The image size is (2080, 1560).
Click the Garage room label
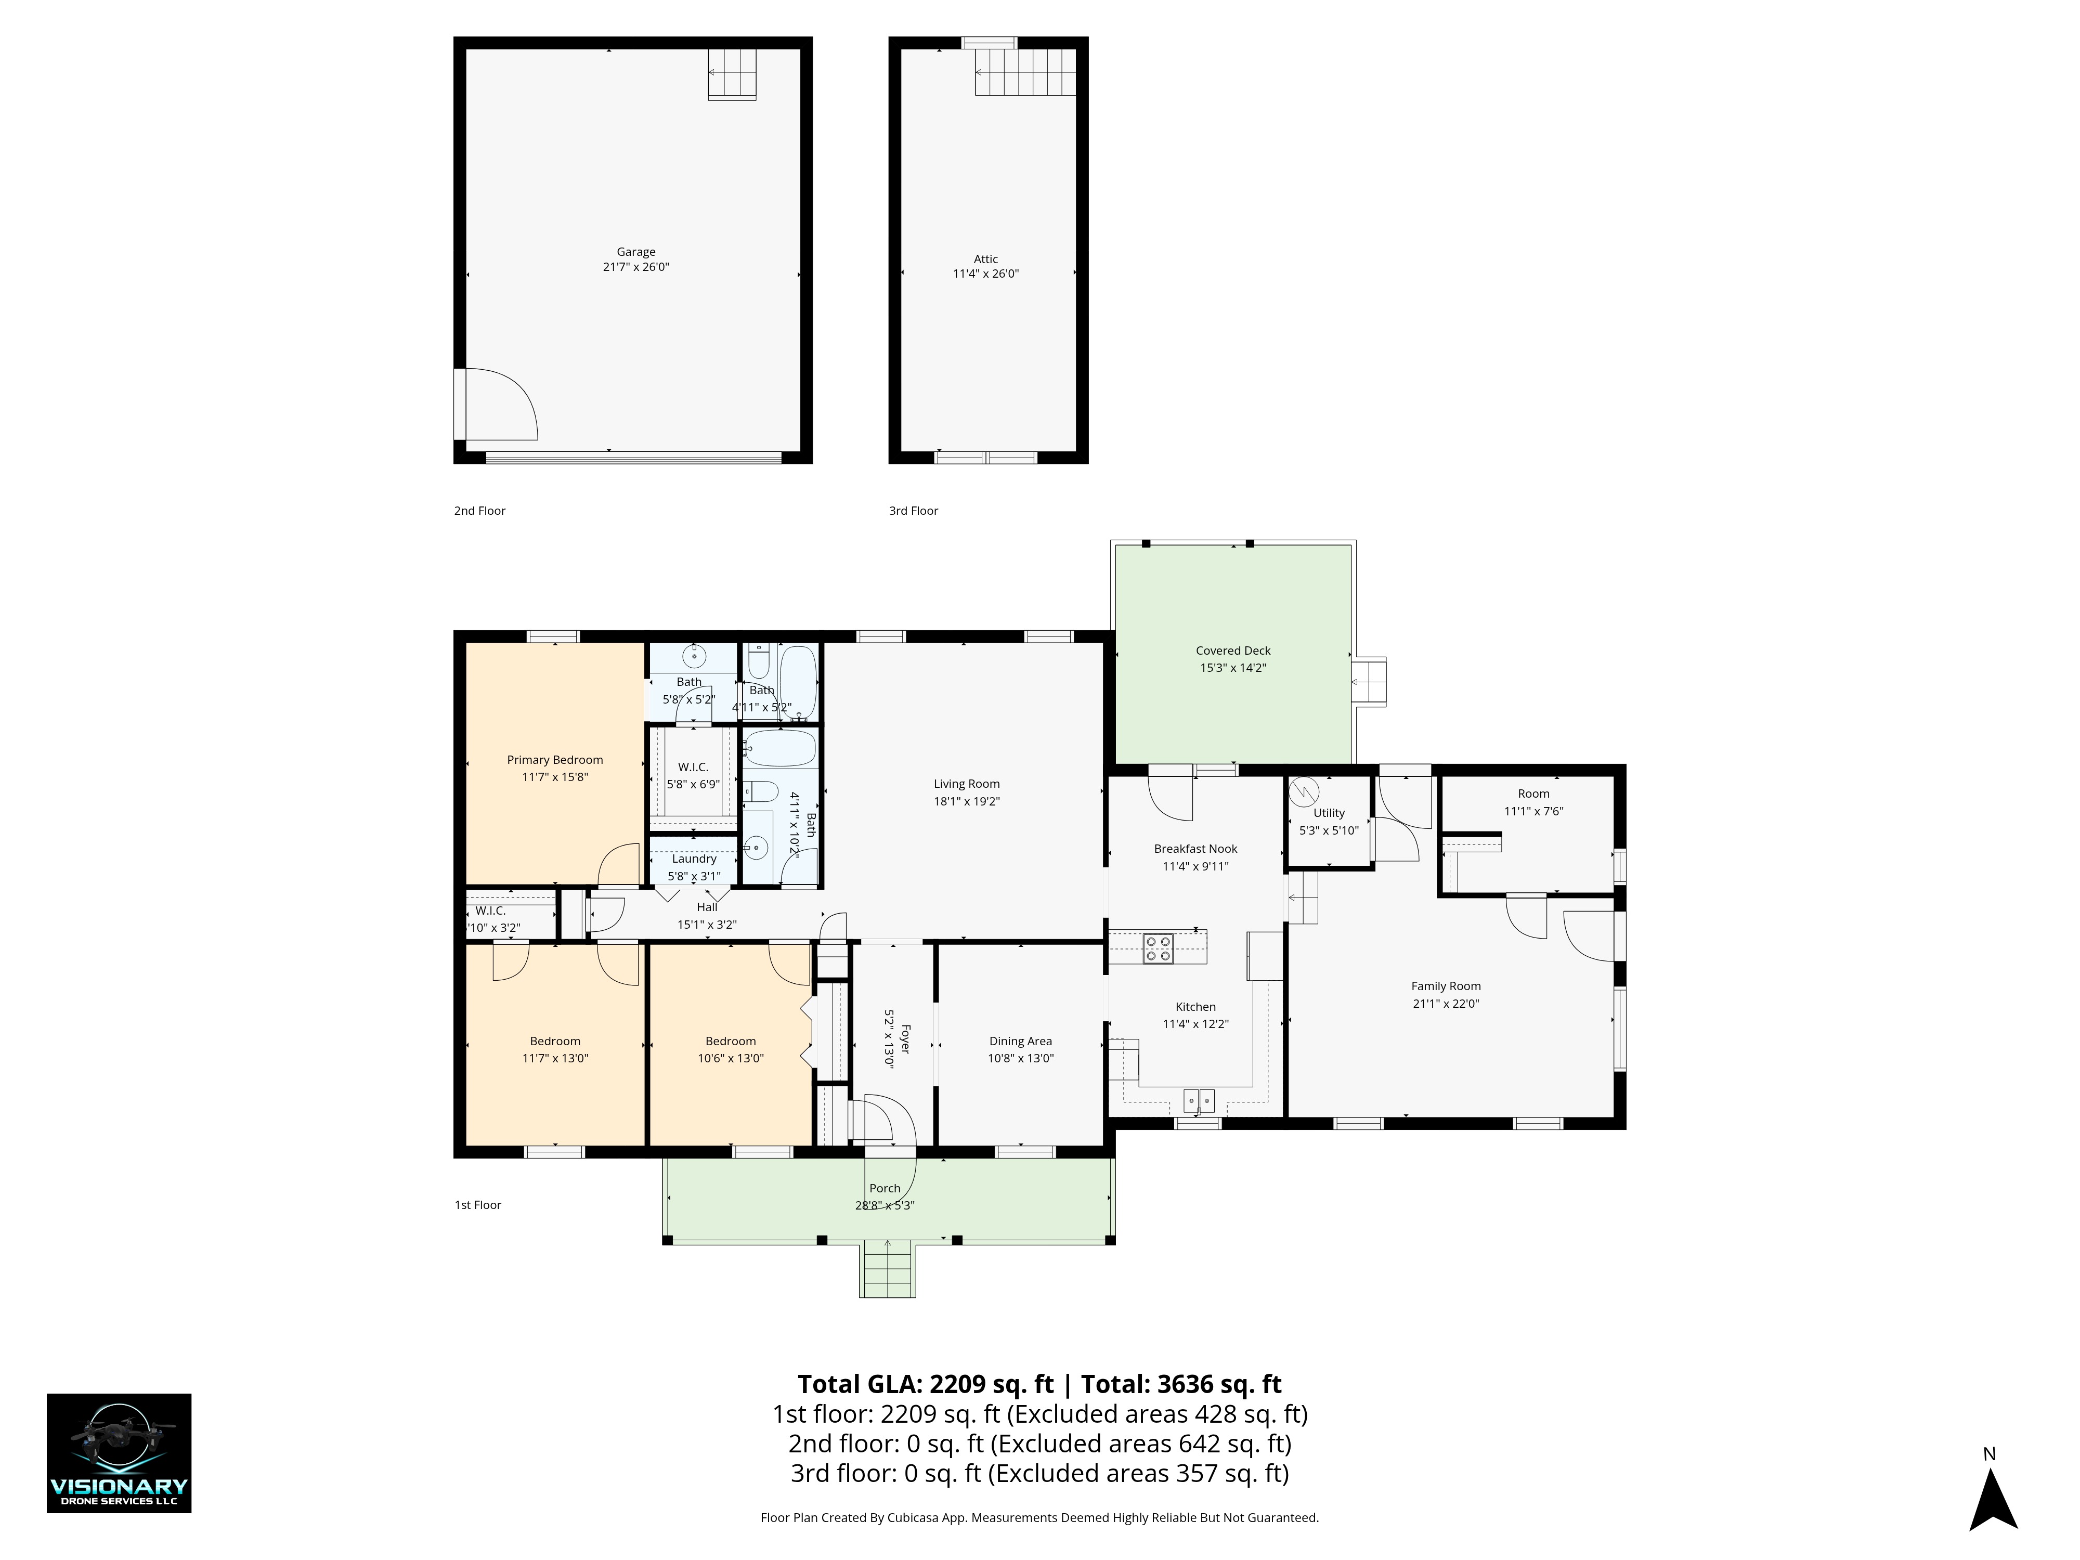[x=635, y=252]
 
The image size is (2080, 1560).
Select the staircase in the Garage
[x=733, y=74]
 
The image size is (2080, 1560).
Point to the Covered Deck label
[x=1233, y=651]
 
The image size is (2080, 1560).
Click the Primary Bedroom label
[x=555, y=760]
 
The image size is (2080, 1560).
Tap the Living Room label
[x=967, y=784]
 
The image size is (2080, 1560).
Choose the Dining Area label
[x=1020, y=1041]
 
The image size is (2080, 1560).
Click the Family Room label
[x=1445, y=986]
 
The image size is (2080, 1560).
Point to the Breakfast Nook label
[x=1195, y=849]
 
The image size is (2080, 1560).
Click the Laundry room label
[x=694, y=859]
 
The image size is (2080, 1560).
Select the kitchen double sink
[x=1198, y=1100]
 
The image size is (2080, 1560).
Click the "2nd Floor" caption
[x=479, y=511]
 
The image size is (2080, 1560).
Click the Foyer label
[x=905, y=1039]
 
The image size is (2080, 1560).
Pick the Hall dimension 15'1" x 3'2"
[x=707, y=925]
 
